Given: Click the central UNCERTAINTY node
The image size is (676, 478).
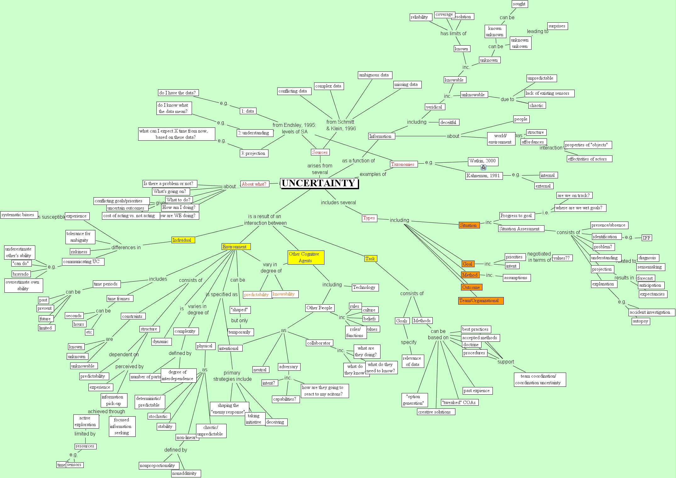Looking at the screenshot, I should click(x=319, y=183).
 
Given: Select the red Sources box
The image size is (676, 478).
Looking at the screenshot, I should click(x=320, y=152).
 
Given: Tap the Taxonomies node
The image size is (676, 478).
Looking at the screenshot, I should click(x=403, y=164).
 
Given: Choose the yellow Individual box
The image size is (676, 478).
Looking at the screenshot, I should click(x=183, y=240).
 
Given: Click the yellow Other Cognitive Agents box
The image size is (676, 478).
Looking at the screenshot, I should click(x=305, y=257).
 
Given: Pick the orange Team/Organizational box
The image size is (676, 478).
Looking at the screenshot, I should click(x=480, y=301).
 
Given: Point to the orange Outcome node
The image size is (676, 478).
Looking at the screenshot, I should click(x=471, y=287).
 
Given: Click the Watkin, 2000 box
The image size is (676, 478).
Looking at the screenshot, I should click(x=482, y=161).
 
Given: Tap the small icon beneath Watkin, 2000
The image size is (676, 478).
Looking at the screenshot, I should click(x=483, y=168).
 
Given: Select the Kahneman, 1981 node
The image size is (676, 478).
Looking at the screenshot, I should click(x=483, y=176).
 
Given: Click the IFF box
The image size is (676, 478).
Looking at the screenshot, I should click(x=646, y=238).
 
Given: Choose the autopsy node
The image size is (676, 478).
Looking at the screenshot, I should click(x=640, y=321).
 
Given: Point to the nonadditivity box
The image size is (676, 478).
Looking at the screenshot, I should click(x=185, y=473).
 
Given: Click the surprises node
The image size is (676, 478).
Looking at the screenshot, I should click(x=557, y=26).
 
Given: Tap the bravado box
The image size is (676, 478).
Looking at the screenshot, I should click(x=21, y=274).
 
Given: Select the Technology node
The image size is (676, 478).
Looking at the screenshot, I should click(x=364, y=287).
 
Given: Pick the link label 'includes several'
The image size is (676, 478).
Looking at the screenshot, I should click(x=338, y=203).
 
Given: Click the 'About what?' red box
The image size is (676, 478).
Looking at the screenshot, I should click(x=254, y=184).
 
